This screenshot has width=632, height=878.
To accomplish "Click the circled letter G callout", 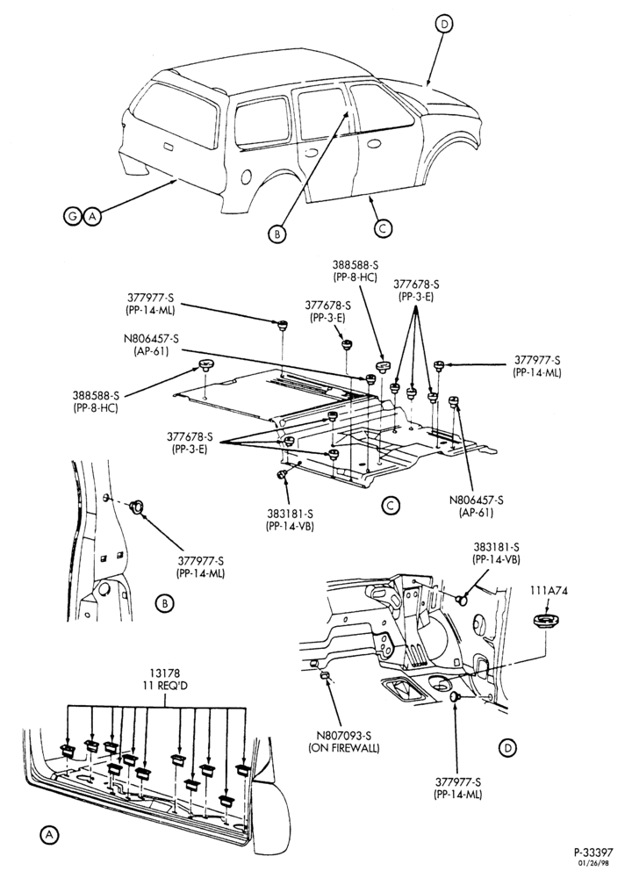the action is (x=73, y=216).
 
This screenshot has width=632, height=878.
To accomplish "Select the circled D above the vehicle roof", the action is (x=443, y=24).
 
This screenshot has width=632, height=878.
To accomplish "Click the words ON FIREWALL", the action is (x=344, y=747).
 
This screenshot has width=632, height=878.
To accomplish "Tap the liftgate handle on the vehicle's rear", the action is (x=166, y=147).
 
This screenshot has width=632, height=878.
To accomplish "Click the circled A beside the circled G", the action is (x=92, y=216).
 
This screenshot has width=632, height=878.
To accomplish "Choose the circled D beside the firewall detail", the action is (x=507, y=747).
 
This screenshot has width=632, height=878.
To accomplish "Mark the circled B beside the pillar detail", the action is (x=164, y=604).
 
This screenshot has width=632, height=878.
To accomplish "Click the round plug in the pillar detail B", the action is (x=136, y=507).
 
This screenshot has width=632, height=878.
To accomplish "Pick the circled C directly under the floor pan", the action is (x=390, y=506).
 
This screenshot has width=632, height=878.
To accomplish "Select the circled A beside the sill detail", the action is (x=49, y=834).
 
